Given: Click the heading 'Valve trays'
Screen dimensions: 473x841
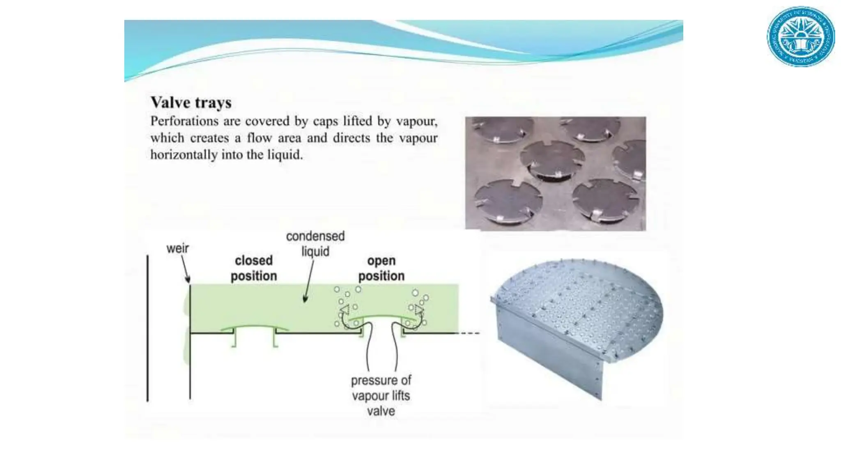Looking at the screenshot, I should (x=191, y=102).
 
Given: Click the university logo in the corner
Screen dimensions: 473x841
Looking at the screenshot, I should (x=801, y=37).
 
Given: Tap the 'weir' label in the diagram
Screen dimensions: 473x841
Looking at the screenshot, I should (x=177, y=248).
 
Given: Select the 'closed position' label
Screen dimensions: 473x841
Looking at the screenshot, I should (x=254, y=268).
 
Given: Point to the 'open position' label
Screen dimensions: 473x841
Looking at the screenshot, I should (x=381, y=268).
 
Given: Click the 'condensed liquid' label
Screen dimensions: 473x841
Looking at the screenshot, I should (x=315, y=243).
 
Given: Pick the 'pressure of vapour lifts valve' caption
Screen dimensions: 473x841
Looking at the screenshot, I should (x=381, y=395).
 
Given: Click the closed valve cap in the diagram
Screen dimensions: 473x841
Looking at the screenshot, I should (x=255, y=328).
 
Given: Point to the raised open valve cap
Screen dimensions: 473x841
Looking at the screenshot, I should (x=382, y=317).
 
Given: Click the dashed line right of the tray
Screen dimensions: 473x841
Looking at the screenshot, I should (x=469, y=333).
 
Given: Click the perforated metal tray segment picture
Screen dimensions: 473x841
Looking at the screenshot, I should (x=577, y=324).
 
